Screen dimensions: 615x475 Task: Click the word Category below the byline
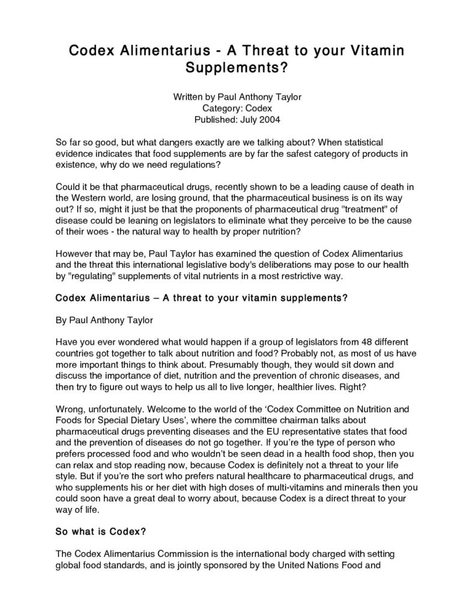(x=224, y=109)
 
